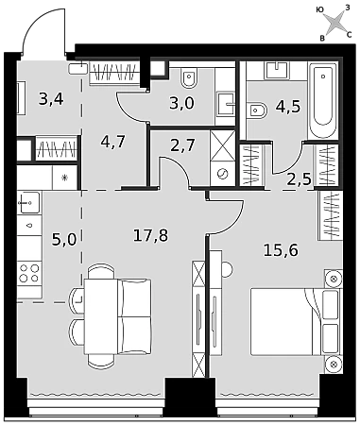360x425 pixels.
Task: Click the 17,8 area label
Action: tap(150, 235)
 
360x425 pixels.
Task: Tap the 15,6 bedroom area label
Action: tap(281, 250)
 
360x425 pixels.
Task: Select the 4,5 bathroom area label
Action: tap(288, 107)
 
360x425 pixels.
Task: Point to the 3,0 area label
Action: tap(181, 103)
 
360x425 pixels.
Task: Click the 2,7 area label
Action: tap(182, 145)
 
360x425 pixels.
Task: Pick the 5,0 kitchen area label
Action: tap(64, 240)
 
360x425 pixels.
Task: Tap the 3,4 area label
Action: tap(51, 99)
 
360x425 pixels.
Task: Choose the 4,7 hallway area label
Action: tap(113, 142)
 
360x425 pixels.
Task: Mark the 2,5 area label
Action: tap(300, 179)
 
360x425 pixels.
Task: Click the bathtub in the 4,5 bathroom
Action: tap(323, 100)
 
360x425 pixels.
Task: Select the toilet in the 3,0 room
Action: tap(189, 77)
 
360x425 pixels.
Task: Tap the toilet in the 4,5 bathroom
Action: tap(257, 110)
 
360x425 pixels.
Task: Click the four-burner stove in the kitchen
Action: tap(29, 273)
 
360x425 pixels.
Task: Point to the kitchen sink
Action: tap(28, 203)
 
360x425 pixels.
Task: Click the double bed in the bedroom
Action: tap(296, 321)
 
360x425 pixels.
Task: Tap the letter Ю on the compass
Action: tap(319, 10)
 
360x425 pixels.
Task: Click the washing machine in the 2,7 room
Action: tap(223, 174)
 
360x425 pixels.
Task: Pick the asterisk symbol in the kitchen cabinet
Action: tap(64, 178)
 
